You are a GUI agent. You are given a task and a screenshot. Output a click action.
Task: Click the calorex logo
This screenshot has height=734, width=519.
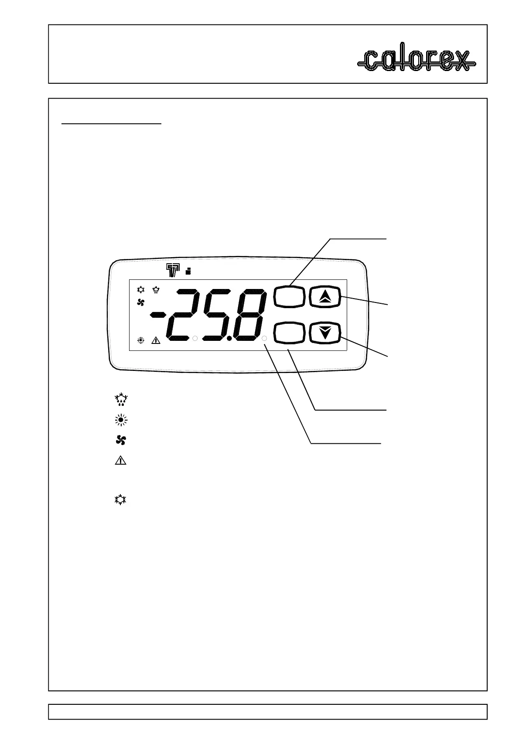416,61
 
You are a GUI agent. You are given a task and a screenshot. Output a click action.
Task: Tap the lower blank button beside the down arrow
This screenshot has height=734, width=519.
289,333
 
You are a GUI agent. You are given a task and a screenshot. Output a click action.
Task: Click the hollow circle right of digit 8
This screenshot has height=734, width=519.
264,338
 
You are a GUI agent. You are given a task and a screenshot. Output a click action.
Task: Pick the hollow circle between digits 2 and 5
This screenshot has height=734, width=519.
195,338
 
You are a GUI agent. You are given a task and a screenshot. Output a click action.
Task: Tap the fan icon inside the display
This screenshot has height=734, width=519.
140,302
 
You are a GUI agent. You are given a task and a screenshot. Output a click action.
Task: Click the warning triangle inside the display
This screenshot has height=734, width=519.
156,340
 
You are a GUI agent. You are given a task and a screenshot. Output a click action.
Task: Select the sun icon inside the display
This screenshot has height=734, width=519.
140,340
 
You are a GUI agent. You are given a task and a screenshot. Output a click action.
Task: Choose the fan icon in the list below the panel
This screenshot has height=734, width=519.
120,440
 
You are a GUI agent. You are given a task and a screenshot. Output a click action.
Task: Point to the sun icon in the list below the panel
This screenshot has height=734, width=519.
120,420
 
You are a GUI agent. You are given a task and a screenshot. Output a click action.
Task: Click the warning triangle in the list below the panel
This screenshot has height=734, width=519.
120,460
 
